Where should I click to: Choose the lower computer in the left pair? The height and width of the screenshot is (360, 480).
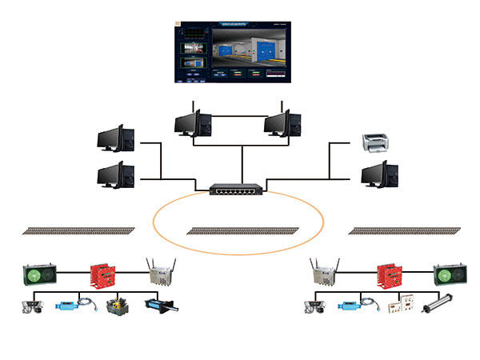[114, 175]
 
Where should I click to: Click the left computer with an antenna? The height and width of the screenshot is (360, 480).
[193, 122]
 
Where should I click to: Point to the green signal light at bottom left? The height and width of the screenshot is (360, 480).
[38, 276]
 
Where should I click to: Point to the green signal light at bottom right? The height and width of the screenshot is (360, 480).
[448, 276]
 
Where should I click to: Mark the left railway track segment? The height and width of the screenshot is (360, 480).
[78, 230]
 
